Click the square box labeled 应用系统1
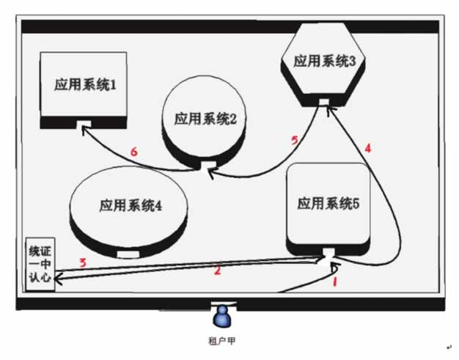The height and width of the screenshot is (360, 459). pyautogui.click(x=84, y=90)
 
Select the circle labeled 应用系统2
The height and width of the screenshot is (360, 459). pyautogui.click(x=204, y=123)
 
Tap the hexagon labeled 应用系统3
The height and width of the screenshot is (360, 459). pyautogui.click(x=323, y=65)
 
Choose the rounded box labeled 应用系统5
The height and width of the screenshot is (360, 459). pyautogui.click(x=328, y=209)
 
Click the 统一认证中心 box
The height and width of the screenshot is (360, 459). pyautogui.click(x=40, y=264)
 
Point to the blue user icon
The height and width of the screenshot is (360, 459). pyautogui.click(x=222, y=317)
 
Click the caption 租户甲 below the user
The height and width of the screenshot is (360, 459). pyautogui.click(x=221, y=341)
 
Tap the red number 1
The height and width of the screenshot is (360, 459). pyautogui.click(x=335, y=282)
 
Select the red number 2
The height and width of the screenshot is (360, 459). pyautogui.click(x=217, y=270)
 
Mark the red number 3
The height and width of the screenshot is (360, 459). pyautogui.click(x=84, y=262)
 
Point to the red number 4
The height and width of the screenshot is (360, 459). pyautogui.click(x=368, y=148)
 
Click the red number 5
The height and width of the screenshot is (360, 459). pyautogui.click(x=295, y=141)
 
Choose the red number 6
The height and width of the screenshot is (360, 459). pyautogui.click(x=133, y=152)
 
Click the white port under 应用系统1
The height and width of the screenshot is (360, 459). pyautogui.click(x=84, y=124)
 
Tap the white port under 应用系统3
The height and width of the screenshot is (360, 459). pyautogui.click(x=324, y=102)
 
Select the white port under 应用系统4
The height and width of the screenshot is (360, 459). pyautogui.click(x=128, y=254)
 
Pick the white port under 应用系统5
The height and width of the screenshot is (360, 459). pyautogui.click(x=328, y=251)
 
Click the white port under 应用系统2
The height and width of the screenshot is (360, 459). pyautogui.click(x=208, y=165)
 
